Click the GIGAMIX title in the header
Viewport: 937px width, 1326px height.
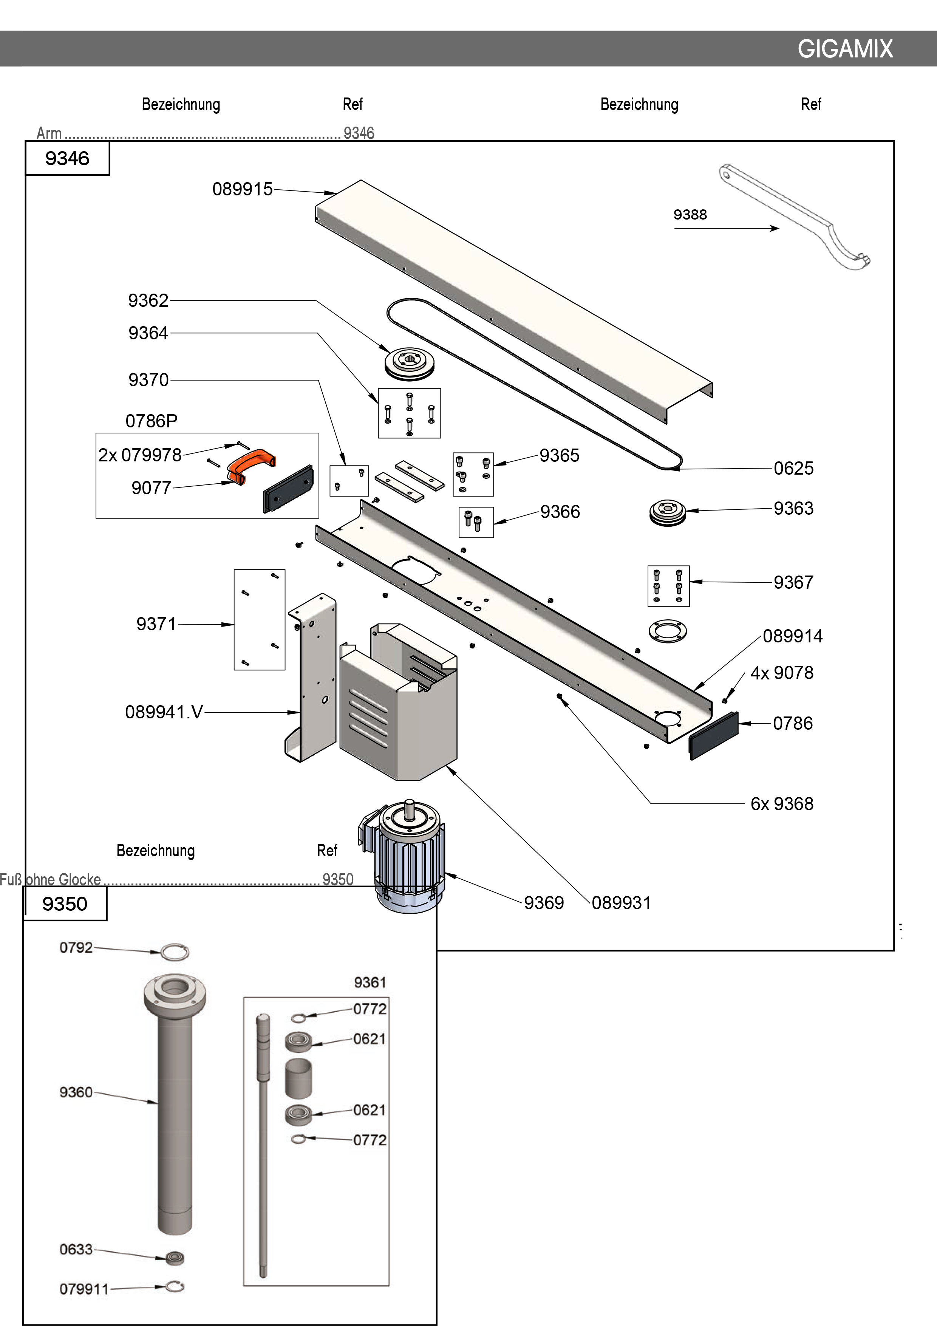tap(845, 49)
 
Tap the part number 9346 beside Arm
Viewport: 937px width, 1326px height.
tap(359, 133)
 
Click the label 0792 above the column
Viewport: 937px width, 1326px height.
tap(76, 948)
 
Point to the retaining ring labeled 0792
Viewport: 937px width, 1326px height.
tap(174, 952)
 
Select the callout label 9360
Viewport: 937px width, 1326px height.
tap(76, 1092)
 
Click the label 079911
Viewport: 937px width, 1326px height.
tap(84, 1289)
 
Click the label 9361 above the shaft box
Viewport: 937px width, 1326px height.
tap(370, 983)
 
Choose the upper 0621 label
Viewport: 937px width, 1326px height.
tap(370, 1039)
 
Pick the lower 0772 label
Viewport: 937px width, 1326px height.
tap(370, 1140)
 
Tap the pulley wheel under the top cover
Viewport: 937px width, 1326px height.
tap(410, 362)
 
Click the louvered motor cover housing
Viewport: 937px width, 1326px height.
tap(398, 705)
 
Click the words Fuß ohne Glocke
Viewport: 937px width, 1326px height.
tap(51, 880)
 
